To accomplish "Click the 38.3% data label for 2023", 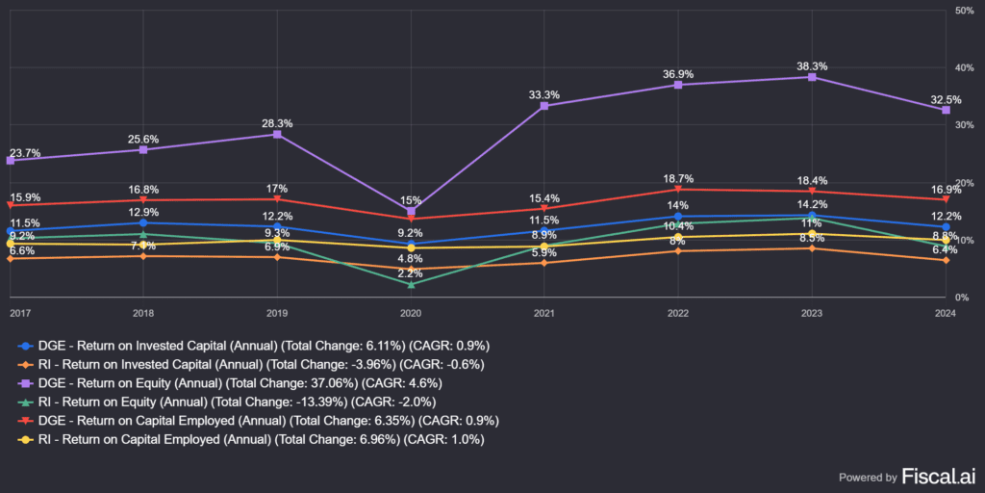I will [x=812, y=66].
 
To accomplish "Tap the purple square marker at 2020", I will [x=411, y=211].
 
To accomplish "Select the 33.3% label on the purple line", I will [x=544, y=95].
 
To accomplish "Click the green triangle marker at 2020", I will [x=411, y=284].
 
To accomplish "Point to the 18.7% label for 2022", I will [x=678, y=179].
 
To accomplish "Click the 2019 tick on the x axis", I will [x=277, y=313].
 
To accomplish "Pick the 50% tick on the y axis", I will [x=964, y=11].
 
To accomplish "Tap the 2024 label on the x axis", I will [x=945, y=313].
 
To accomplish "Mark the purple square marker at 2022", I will [x=678, y=85].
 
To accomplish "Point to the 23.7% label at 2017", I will [x=24, y=153].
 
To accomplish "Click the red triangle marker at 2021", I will [x=544, y=208].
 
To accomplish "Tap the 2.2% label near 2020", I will [x=411, y=273].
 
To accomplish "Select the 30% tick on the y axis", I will [x=964, y=125].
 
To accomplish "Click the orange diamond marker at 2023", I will [x=812, y=248].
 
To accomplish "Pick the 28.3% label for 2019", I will [x=277, y=123].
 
